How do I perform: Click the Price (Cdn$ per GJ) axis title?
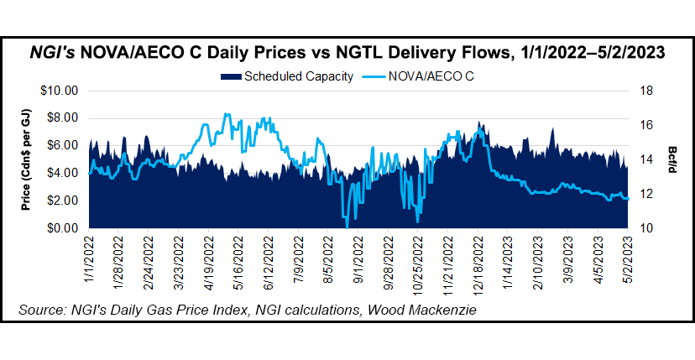click(x=29, y=159)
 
